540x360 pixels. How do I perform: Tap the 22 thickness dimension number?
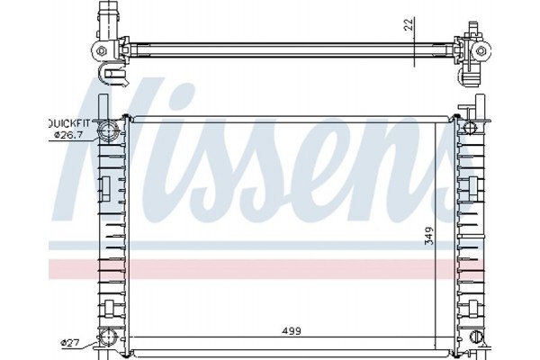409,25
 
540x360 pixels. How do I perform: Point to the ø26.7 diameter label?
67,135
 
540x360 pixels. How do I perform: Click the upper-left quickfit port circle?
108,131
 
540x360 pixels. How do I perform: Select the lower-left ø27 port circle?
108,338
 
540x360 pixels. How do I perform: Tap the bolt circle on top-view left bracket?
104,49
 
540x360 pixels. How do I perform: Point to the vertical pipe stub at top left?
109,17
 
